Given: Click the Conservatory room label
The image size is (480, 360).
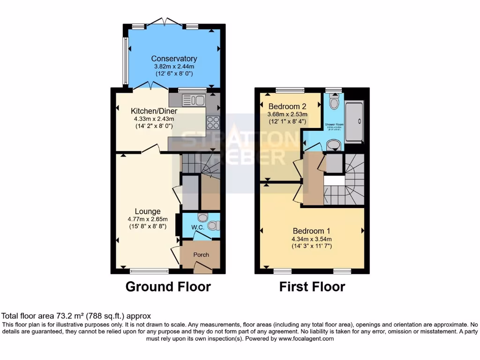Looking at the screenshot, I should coord(174,59).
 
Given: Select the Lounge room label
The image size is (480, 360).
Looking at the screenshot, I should coord(148,211).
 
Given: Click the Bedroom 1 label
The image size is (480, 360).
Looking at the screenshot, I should coord(312,231).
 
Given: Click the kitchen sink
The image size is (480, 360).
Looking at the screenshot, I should coord(193,100).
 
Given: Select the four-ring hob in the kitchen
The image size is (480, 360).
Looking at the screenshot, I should coord(213,122).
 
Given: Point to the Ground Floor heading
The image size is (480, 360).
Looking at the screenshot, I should coord(168,286).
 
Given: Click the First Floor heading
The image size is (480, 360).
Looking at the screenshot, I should coord(312,286).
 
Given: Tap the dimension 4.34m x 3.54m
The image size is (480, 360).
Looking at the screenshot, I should coord(312,239).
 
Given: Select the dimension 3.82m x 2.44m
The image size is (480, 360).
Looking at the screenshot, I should coord(174,67).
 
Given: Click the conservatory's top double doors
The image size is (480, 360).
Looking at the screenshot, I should coord(164,22).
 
